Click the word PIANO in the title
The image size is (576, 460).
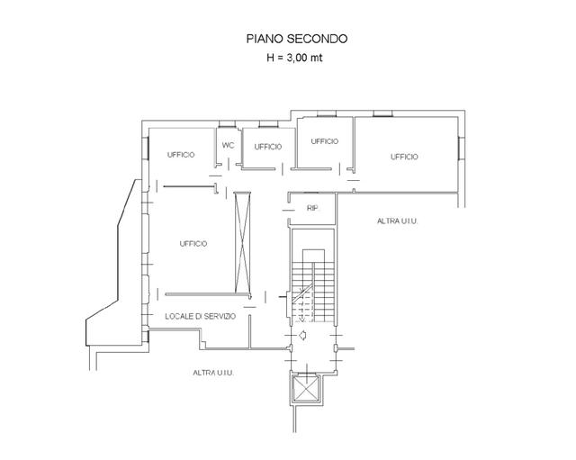(x=264, y=39)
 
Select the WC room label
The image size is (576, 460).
(x=229, y=145)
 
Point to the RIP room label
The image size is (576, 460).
(x=312, y=209)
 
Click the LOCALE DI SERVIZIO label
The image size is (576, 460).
(x=200, y=316)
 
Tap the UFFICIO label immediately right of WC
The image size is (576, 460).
(x=268, y=147)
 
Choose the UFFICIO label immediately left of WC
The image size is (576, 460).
(x=181, y=155)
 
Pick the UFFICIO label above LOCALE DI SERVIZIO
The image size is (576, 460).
(x=193, y=243)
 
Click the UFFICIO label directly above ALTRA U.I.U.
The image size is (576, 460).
(x=404, y=157)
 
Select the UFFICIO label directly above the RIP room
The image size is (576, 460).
(x=324, y=141)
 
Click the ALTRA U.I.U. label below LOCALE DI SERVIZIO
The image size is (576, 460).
(x=214, y=372)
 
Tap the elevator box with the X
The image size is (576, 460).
(x=303, y=389)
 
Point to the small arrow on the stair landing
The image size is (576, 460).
(x=305, y=336)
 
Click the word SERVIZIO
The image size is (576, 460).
(x=218, y=316)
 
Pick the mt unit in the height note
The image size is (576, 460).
(x=319, y=58)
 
